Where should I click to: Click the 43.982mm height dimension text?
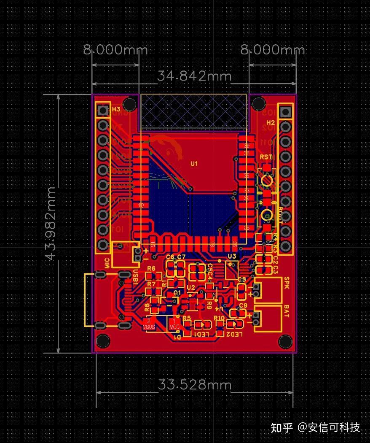point(51,223)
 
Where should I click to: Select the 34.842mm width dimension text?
point(194,76)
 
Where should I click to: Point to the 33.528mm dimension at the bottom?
point(195,385)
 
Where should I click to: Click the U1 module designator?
point(194,163)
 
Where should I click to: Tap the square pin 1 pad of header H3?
point(102,111)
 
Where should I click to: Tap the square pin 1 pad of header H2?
point(286,112)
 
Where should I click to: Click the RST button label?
point(266,157)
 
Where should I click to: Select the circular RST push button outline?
point(266,180)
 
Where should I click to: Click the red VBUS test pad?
point(149,323)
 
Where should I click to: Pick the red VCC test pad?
point(174,324)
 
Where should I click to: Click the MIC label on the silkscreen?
point(107,263)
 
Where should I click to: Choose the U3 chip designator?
point(232,256)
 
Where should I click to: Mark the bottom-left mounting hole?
point(102,340)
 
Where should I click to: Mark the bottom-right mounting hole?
point(285,341)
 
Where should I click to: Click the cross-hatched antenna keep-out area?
point(194,111)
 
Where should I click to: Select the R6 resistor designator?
point(151,268)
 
